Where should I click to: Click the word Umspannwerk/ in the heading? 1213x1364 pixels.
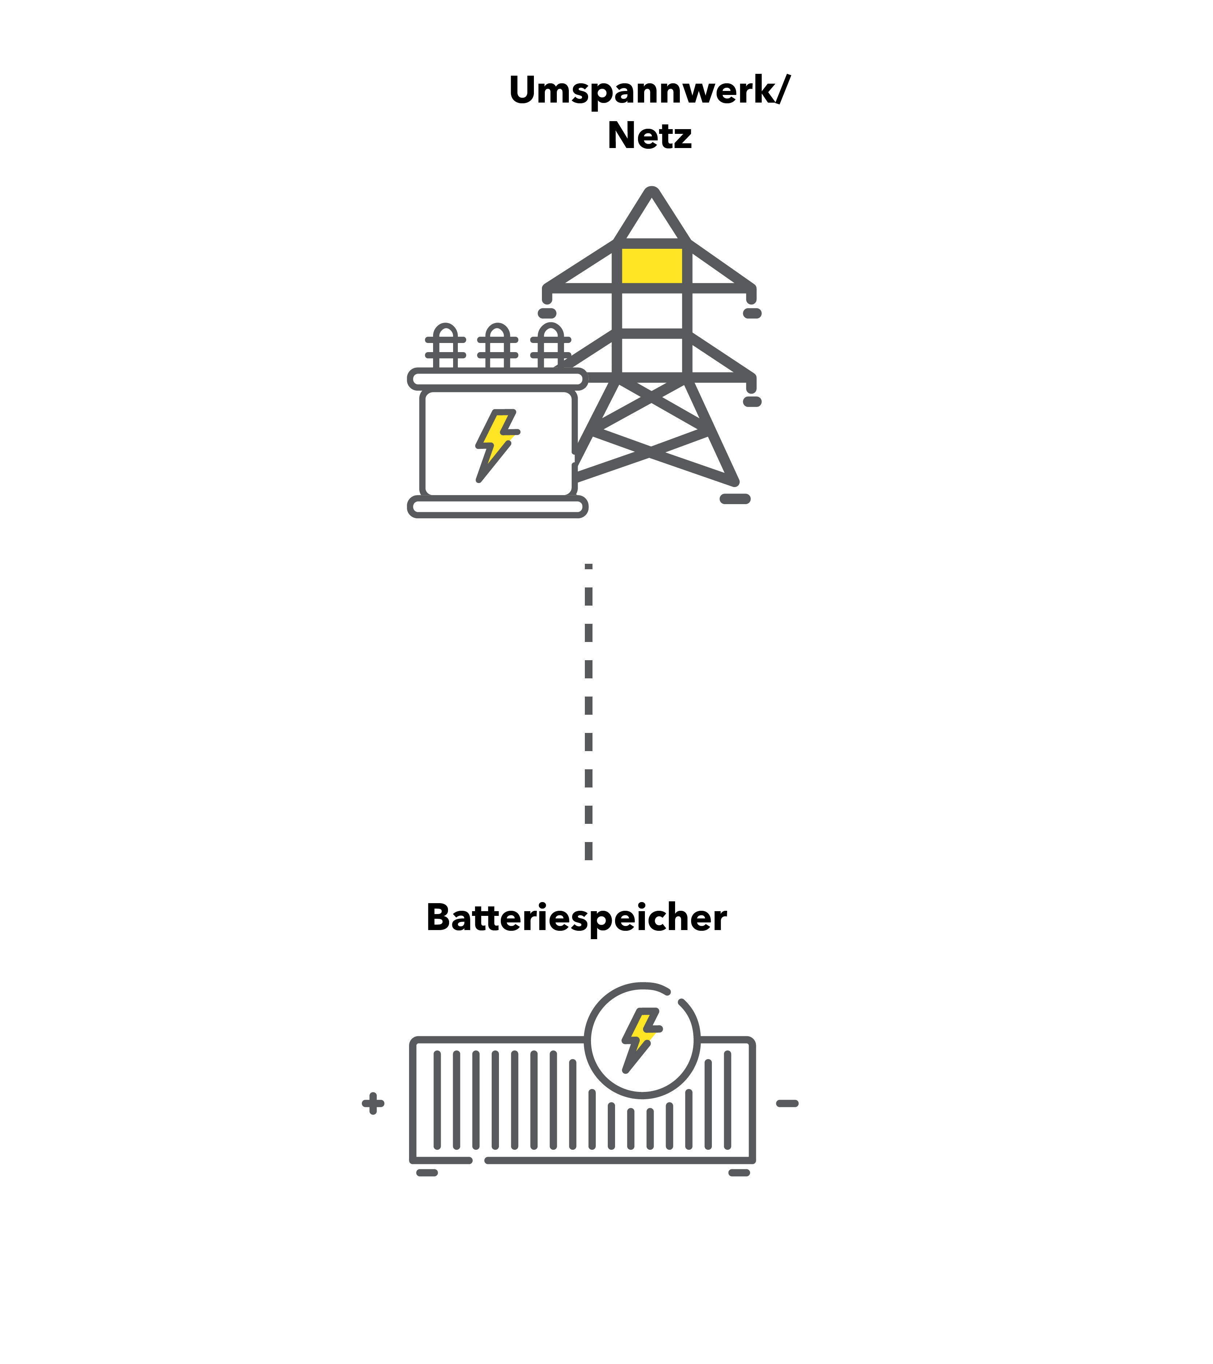point(649,91)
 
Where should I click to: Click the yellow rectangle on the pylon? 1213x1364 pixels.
point(651,266)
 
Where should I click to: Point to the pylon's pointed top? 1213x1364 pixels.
point(651,192)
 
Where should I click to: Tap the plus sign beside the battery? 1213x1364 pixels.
point(373,1103)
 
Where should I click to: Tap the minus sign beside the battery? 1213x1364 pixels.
point(787,1103)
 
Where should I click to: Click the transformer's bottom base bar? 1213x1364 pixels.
point(498,506)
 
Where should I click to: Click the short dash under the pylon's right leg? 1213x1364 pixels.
point(735,498)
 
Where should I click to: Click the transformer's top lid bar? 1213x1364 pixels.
point(498,379)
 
